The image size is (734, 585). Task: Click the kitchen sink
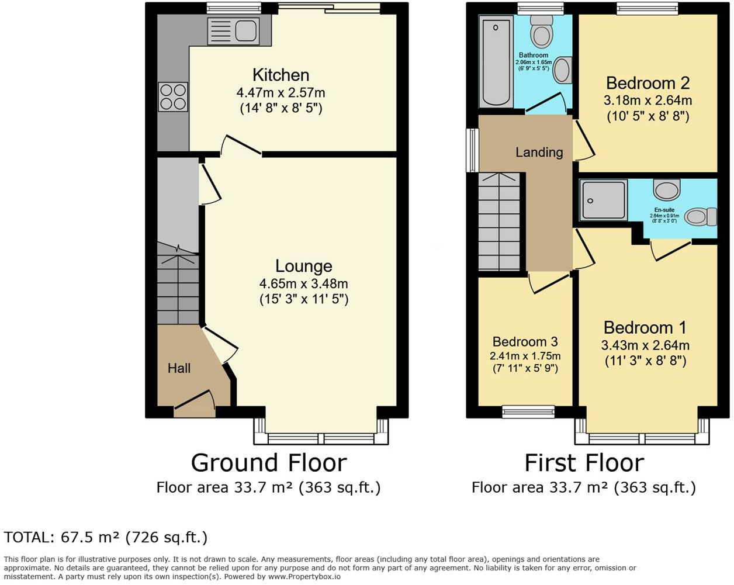233,32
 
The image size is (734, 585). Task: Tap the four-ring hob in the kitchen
173,97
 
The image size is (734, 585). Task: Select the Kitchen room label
281,75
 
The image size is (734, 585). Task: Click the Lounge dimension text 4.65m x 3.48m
303,283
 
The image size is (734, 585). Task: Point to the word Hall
179,368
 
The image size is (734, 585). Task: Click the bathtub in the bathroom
496,61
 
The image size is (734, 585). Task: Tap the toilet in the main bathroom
542,32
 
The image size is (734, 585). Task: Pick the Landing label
539,152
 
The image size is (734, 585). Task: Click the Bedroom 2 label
648,83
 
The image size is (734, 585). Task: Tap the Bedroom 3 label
525,341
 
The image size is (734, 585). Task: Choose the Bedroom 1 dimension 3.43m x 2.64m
645,345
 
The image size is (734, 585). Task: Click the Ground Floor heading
269,463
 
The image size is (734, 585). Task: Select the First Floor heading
584,463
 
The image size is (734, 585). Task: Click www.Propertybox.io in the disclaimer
304,576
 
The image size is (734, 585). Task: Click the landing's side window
472,150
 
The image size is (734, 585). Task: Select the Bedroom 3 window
528,411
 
